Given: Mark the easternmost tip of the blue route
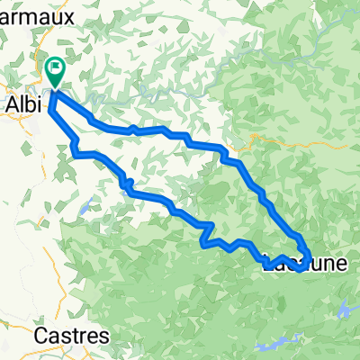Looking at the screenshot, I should pyautogui.click(x=310, y=259).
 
